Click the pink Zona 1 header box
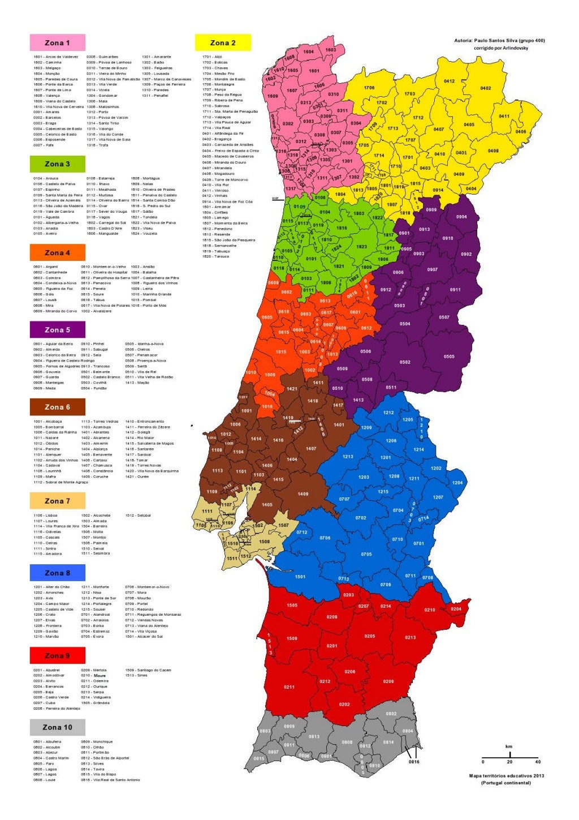(x=57, y=42)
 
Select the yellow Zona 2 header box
(x=223, y=42)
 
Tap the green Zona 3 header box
(x=57, y=164)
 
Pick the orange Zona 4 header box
(x=57, y=252)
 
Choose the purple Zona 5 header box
(x=57, y=329)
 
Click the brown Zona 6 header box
(x=57, y=406)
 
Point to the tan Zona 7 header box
(x=57, y=500)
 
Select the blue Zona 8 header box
(x=57, y=572)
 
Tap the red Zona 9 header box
(x=57, y=655)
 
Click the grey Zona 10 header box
(x=57, y=727)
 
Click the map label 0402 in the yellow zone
(x=486, y=88)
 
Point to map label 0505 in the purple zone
(x=449, y=357)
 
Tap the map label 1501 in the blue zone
(x=300, y=577)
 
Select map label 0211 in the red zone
(x=289, y=687)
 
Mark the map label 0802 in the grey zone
(x=391, y=714)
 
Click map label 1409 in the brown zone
(x=303, y=494)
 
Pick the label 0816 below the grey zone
(x=414, y=762)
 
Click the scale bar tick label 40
(x=538, y=762)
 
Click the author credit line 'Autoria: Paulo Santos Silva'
(x=499, y=41)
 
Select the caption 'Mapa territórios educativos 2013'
(x=506, y=775)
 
